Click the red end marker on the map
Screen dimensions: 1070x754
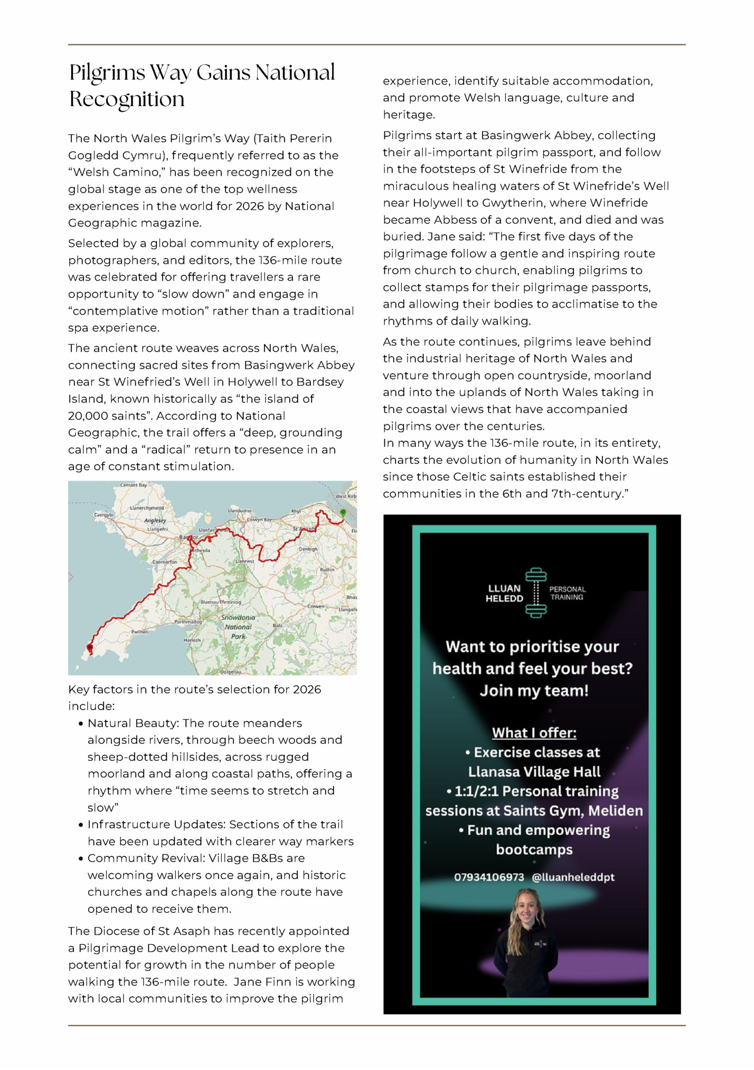[x=90, y=647]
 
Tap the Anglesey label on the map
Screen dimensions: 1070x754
[x=155, y=520]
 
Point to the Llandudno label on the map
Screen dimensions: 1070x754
[x=239, y=511]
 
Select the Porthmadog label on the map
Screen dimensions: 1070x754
[x=188, y=622]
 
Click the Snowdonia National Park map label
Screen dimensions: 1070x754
[x=238, y=627]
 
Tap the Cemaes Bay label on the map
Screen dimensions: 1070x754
[x=133, y=484]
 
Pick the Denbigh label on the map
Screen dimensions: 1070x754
[x=308, y=549]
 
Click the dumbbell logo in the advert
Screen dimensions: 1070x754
[x=535, y=593]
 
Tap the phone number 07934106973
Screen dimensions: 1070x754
[x=489, y=877]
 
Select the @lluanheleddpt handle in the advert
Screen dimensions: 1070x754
[x=573, y=877]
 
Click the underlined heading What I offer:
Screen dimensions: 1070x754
[x=534, y=732]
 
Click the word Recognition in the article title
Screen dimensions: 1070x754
[x=127, y=99]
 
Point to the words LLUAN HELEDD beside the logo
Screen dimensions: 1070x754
[x=504, y=593]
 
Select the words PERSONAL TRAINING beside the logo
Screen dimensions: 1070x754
[x=567, y=593]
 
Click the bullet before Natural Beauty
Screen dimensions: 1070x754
[x=81, y=723]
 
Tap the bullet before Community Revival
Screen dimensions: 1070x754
[x=81, y=858]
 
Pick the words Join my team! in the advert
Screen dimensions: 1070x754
[x=534, y=690]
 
